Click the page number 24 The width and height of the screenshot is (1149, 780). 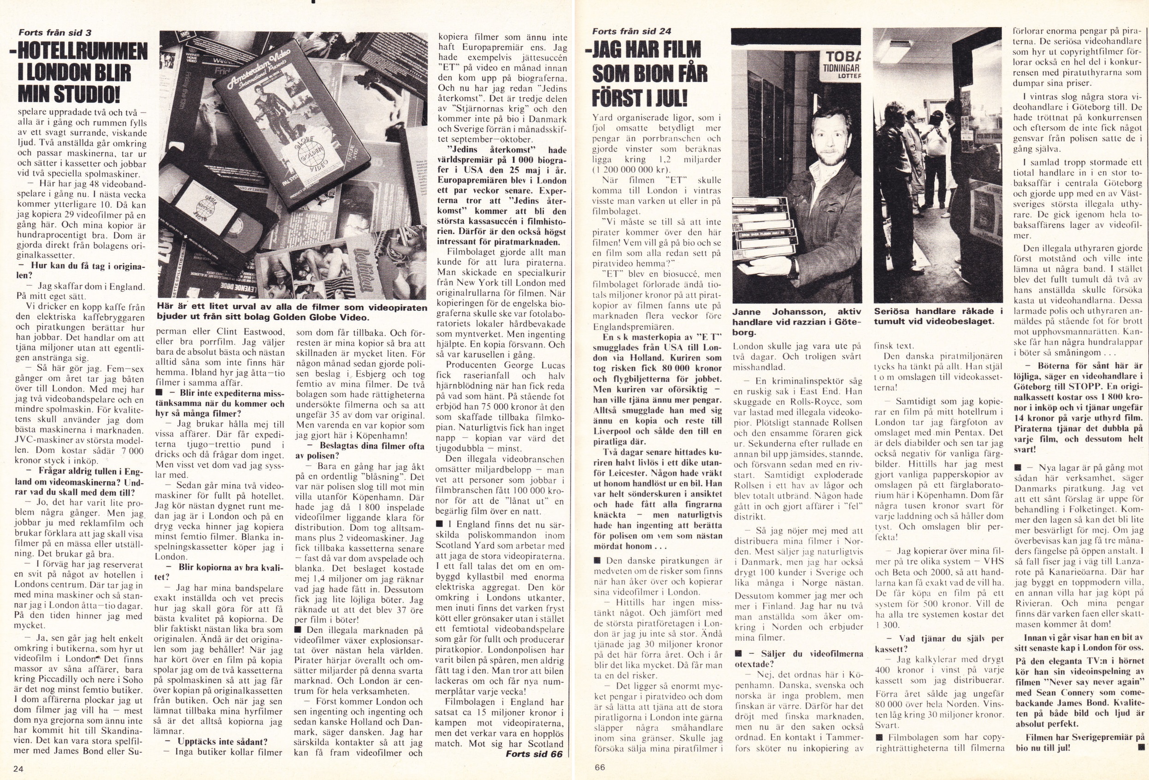(19, 768)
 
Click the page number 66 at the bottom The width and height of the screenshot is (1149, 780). (599, 767)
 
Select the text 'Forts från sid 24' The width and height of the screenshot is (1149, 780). (631, 31)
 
